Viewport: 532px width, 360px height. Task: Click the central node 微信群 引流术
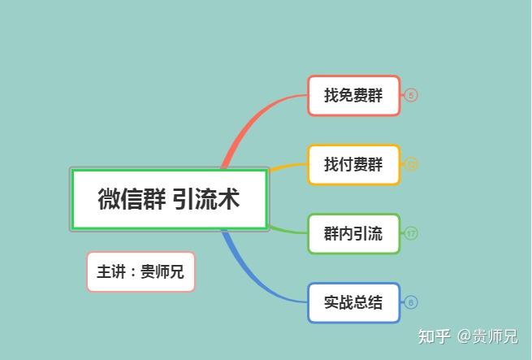click(169, 199)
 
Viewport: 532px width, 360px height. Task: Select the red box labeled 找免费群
click(353, 95)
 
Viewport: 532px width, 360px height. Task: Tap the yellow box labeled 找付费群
click(353, 164)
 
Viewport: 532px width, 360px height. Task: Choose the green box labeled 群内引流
click(353, 234)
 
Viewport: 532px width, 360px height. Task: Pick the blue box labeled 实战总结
click(353, 302)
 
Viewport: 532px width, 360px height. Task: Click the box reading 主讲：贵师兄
click(141, 271)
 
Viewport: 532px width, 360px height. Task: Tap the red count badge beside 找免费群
click(411, 95)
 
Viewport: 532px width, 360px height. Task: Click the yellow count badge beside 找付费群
click(411, 164)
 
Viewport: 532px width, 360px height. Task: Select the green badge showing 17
click(411, 234)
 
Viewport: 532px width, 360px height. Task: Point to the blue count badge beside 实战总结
click(411, 302)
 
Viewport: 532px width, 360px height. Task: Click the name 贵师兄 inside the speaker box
click(162, 271)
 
